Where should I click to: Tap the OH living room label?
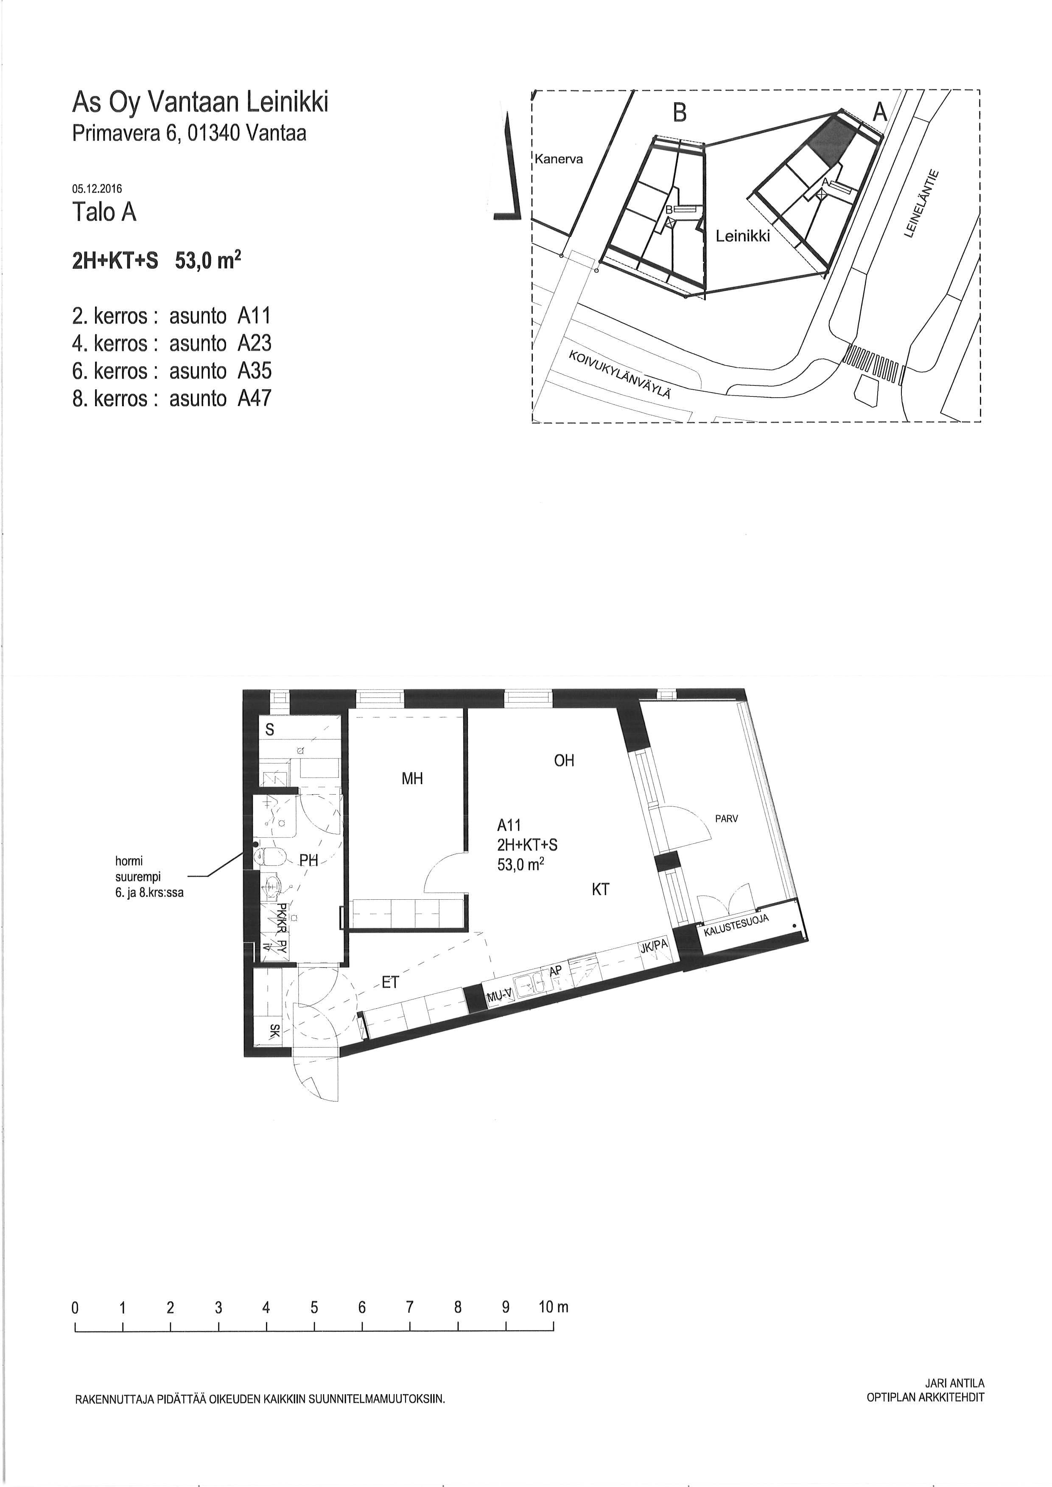[x=564, y=760]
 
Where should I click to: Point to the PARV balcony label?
[x=726, y=819]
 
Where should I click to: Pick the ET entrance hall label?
[x=390, y=982]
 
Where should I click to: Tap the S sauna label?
[x=270, y=730]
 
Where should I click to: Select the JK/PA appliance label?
[x=654, y=946]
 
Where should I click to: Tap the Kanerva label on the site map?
[x=558, y=159]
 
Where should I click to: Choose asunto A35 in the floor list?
[x=220, y=371]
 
